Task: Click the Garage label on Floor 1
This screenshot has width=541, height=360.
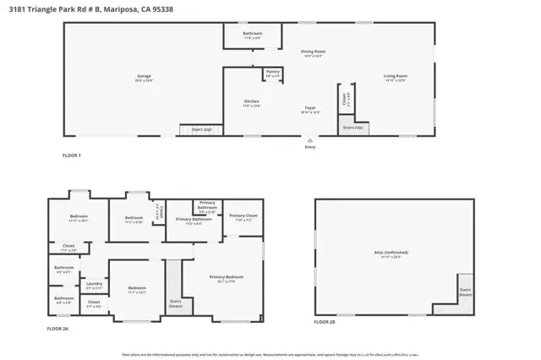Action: tap(145, 79)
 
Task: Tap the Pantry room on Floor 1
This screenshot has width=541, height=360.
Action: tap(272, 74)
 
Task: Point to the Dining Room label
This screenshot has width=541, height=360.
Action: tap(314, 52)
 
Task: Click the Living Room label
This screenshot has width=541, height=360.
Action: tap(396, 78)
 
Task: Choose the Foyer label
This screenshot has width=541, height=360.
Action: tap(311, 109)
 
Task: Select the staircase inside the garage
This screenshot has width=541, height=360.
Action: tap(190, 130)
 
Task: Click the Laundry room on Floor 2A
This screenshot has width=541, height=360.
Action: tap(93, 287)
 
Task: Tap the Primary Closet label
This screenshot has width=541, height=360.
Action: tap(243, 217)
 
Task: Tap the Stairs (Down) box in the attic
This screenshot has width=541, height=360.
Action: tap(464, 292)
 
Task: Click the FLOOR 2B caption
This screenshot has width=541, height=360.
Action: tap(325, 322)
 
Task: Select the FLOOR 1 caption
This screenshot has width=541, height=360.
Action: tap(72, 155)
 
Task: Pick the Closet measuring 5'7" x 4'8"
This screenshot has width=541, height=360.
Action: tap(93, 304)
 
